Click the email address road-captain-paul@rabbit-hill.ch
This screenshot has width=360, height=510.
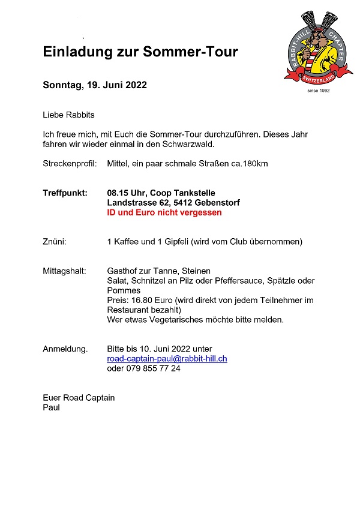[167, 359]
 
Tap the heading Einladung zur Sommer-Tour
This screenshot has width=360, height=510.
[140, 52]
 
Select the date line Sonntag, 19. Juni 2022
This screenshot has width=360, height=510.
[95, 85]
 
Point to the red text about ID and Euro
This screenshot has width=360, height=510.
[164, 212]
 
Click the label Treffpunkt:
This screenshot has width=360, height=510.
[65, 193]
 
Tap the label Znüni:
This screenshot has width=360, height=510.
[55, 242]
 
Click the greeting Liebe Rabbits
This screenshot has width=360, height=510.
[68, 115]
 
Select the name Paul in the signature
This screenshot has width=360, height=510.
[51, 407]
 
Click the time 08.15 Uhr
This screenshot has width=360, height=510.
[127, 193]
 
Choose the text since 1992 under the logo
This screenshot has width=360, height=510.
[318, 91]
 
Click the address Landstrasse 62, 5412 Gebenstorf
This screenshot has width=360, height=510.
[173, 203]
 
